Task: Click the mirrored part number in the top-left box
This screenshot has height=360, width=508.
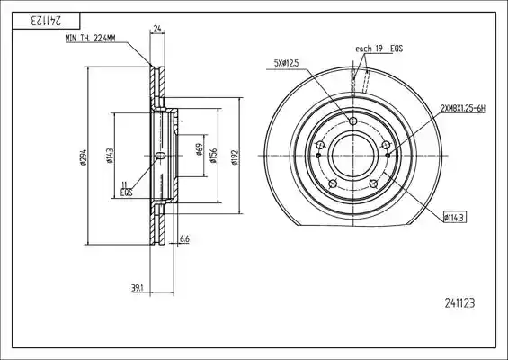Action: click(x=46, y=21)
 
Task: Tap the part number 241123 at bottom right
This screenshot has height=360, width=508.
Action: click(x=459, y=303)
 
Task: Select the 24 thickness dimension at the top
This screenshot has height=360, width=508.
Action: click(x=157, y=29)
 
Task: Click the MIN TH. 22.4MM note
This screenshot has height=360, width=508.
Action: click(x=90, y=39)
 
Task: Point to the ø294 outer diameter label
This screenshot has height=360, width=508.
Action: click(x=84, y=157)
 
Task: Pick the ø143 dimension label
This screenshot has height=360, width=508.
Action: click(x=110, y=156)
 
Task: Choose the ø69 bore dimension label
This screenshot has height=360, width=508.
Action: click(x=200, y=149)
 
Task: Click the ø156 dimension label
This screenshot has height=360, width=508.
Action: click(x=213, y=156)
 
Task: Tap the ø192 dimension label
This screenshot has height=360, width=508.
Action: click(x=235, y=157)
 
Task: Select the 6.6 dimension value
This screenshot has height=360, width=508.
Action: click(x=184, y=239)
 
